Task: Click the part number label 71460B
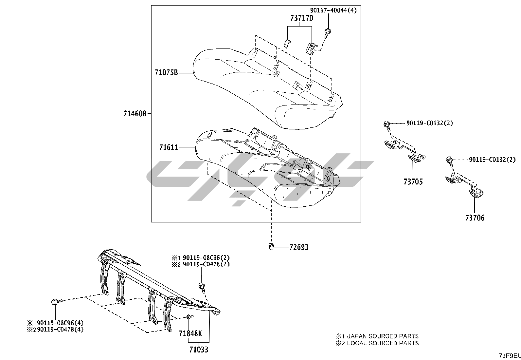(x=135, y=114)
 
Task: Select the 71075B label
(x=166, y=73)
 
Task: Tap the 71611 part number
(x=169, y=148)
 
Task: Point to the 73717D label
(x=301, y=18)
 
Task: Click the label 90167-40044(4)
(x=333, y=10)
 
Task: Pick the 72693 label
(x=298, y=247)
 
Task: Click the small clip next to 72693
(x=271, y=246)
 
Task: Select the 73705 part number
(x=413, y=182)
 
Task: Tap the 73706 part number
(x=475, y=218)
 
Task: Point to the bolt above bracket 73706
(x=449, y=160)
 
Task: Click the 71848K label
(x=190, y=333)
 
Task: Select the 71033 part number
(x=198, y=350)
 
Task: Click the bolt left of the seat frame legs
(x=55, y=302)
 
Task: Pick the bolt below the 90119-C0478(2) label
(x=202, y=287)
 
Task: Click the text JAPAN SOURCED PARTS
(x=383, y=336)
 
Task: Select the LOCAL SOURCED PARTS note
(x=383, y=343)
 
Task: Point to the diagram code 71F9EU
(x=510, y=356)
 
